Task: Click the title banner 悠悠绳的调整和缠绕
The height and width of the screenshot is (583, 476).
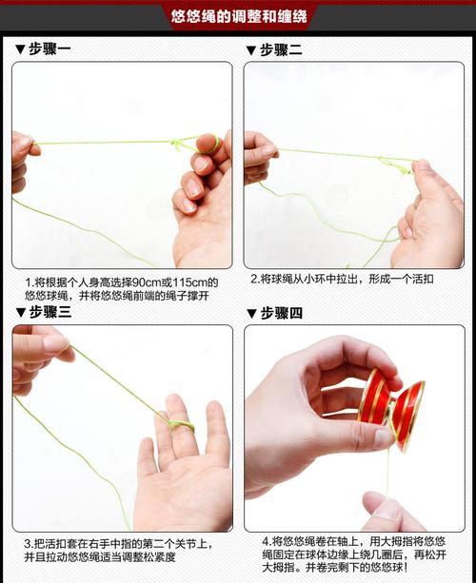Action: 237,16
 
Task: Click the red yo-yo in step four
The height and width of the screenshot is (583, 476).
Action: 391,409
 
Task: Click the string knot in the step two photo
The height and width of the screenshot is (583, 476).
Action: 391,163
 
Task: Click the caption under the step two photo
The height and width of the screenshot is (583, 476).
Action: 342,280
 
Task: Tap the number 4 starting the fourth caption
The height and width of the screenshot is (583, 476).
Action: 264,540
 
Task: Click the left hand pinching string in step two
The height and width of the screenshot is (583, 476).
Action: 258,155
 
